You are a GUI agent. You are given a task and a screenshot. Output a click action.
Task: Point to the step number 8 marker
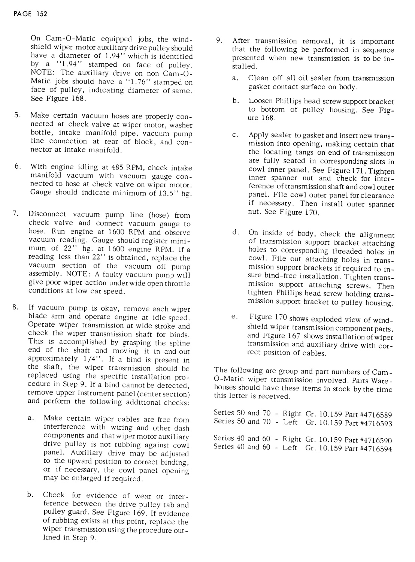tap(15, 308)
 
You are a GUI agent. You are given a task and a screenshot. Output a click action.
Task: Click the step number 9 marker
tap(219, 40)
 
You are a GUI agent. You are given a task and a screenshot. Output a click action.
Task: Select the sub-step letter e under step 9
tap(235, 317)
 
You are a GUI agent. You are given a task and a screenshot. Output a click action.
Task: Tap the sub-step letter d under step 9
tap(236, 232)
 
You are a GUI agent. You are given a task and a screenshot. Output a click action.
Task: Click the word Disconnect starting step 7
tap(48, 214)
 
